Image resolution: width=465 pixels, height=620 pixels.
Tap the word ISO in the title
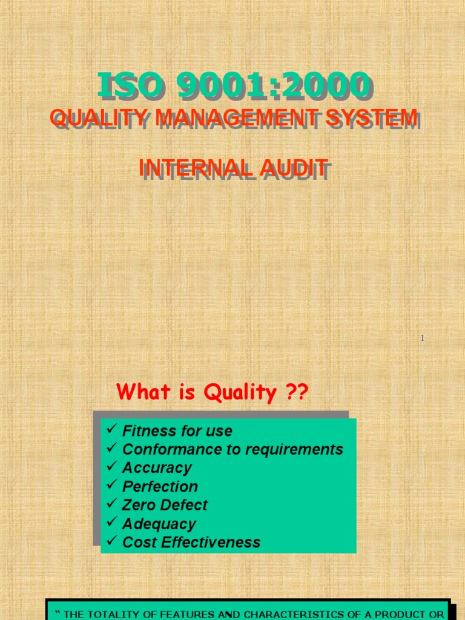128,85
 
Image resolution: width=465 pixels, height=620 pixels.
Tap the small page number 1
422,338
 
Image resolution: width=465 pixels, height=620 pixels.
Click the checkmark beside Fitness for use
111,430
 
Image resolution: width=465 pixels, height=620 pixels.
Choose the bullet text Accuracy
157,467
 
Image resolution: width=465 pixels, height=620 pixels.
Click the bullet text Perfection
160,486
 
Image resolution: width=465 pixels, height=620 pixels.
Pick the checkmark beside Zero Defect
111,504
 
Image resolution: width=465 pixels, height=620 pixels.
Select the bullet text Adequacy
159,524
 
